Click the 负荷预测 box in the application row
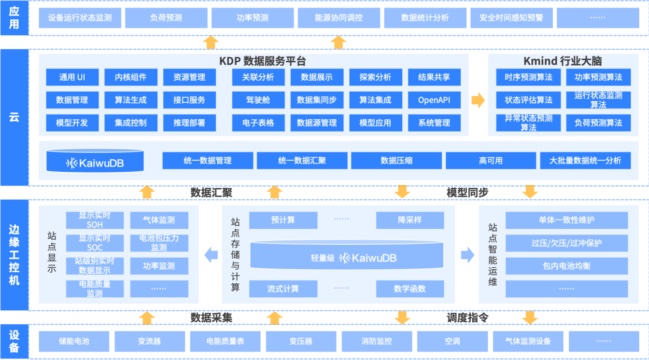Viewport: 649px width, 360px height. coord(166,18)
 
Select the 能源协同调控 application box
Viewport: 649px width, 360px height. coord(339,18)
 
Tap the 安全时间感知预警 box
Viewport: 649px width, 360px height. coord(511,18)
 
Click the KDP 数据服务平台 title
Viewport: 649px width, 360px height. coord(263,61)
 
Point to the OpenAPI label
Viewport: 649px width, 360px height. coord(434,100)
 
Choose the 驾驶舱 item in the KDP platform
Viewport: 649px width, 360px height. coord(258,100)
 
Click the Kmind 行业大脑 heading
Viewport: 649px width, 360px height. coord(563,61)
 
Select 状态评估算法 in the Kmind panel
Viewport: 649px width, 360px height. coord(528,100)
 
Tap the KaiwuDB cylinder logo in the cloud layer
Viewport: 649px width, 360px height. coord(95,162)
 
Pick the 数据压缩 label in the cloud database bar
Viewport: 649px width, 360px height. coord(396,161)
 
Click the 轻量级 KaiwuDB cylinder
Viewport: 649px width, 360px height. coord(346,256)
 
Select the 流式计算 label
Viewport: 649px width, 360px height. coord(283,289)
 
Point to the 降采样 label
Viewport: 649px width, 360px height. coord(409,220)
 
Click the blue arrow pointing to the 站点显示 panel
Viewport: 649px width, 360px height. coord(211,255)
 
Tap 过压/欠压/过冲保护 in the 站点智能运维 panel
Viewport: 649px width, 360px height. coord(566,243)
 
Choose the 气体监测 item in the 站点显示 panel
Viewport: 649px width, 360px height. coord(159,220)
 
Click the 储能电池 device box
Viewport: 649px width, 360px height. coord(74,341)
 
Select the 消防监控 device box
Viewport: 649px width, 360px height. coord(377,341)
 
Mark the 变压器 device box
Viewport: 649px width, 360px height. coord(301,341)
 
